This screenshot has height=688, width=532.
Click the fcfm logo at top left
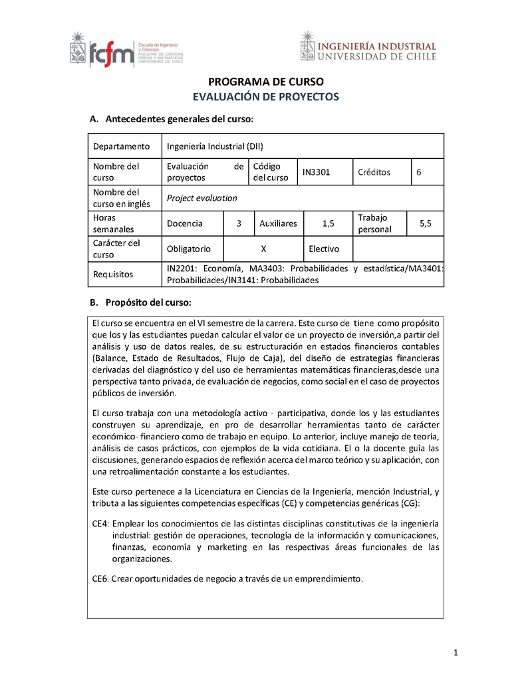click(x=126, y=49)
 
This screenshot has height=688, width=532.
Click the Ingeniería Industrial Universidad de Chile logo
click(x=368, y=48)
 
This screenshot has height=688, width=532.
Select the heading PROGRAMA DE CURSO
click(x=266, y=82)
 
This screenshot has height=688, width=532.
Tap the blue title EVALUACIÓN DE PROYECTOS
click(x=266, y=97)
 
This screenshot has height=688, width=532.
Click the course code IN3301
click(x=317, y=172)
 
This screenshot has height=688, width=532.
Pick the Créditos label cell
click(x=374, y=172)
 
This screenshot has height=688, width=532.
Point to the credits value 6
click(x=419, y=172)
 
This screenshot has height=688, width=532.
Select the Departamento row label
click(x=122, y=146)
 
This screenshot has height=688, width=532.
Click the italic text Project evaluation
click(x=201, y=198)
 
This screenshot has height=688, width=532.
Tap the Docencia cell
click(x=185, y=224)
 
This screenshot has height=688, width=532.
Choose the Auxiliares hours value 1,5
click(x=328, y=224)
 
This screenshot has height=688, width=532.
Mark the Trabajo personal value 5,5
click(x=426, y=224)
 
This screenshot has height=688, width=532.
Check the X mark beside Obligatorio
click(x=263, y=249)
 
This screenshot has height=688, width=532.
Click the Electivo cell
click(x=324, y=249)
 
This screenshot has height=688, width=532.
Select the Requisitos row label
click(x=112, y=274)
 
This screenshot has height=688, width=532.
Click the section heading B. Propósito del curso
click(x=140, y=303)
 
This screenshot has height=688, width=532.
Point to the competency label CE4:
click(x=101, y=524)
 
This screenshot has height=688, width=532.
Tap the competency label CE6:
click(x=101, y=579)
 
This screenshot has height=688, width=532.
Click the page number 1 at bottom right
click(x=456, y=653)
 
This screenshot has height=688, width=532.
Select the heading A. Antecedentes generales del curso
click(x=172, y=119)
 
